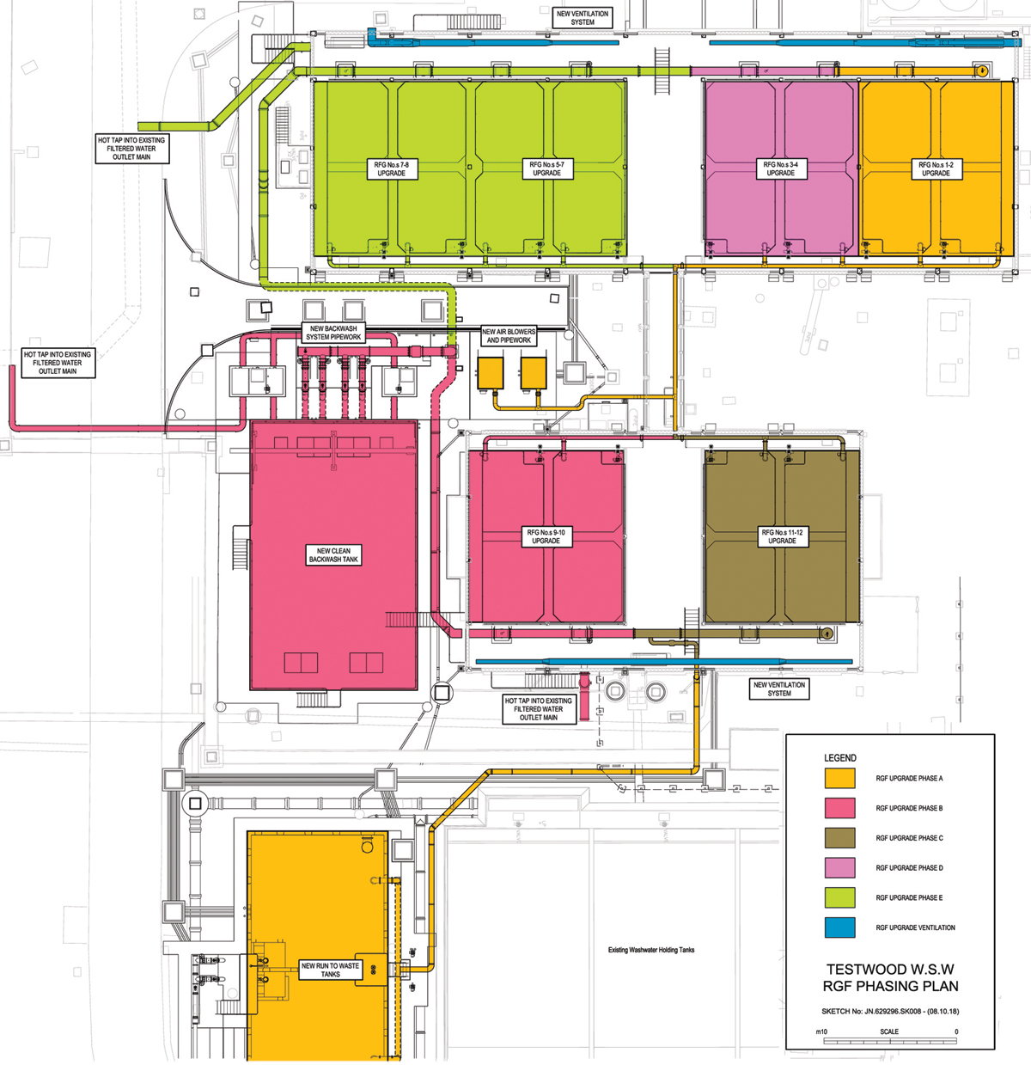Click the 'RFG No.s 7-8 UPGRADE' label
pyautogui.click(x=392, y=168)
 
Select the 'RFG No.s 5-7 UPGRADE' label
pyautogui.click(x=546, y=168)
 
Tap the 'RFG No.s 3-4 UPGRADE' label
pyautogui.click(x=780, y=168)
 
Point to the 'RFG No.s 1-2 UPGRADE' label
pyautogui.click(x=936, y=168)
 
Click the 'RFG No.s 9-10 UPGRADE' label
pyautogui.click(x=546, y=536)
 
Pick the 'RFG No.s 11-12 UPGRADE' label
pyautogui.click(x=782, y=536)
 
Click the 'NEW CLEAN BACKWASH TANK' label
pyautogui.click(x=333, y=555)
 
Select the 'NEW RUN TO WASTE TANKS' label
pyautogui.click(x=331, y=970)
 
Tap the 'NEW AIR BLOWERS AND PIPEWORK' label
pyautogui.click(x=509, y=335)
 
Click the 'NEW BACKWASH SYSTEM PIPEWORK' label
pyautogui.click(x=333, y=333)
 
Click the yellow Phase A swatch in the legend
pyautogui.click(x=839, y=778)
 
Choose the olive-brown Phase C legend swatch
pyautogui.click(x=839, y=838)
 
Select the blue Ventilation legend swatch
pyautogui.click(x=839, y=927)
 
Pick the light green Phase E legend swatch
pyautogui.click(x=839, y=897)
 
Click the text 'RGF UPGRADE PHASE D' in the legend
pyautogui.click(x=909, y=868)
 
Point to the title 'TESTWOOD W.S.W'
pyautogui.click(x=890, y=970)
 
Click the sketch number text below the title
pyautogui.click(x=890, y=1012)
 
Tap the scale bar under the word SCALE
pyautogui.click(x=890, y=1041)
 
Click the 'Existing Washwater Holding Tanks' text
pyautogui.click(x=651, y=950)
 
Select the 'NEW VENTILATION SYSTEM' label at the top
pyautogui.click(x=582, y=17)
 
